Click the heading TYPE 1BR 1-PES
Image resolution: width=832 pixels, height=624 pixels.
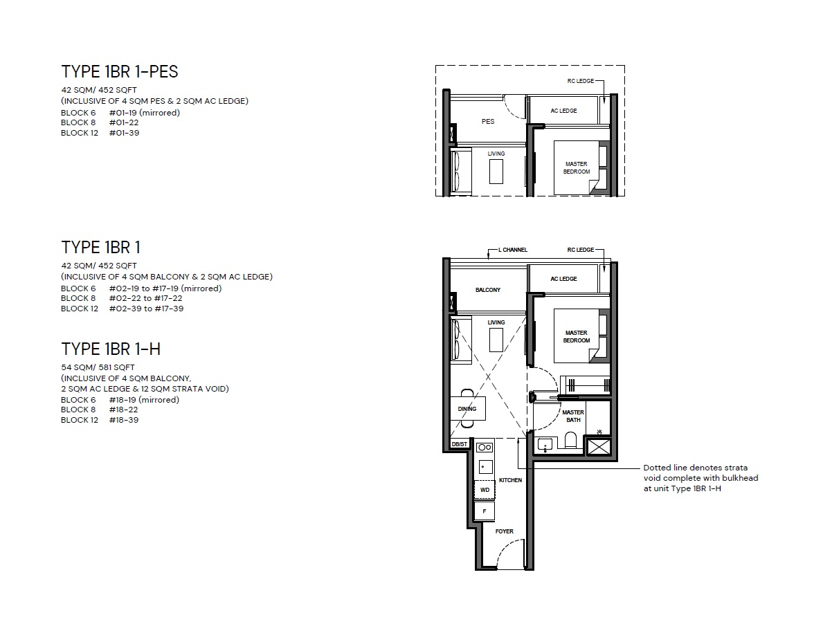[x=119, y=72]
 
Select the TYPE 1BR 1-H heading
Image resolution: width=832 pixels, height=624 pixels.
[x=111, y=349]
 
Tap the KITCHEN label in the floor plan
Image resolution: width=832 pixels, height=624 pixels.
[x=510, y=480]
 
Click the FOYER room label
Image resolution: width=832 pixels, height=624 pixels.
[x=504, y=531]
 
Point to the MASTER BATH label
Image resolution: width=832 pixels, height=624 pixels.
[x=573, y=416]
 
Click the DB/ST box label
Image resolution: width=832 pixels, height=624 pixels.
[x=460, y=444]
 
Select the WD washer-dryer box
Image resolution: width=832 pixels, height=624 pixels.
[x=485, y=490]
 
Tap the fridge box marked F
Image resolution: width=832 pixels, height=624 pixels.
[x=485, y=511]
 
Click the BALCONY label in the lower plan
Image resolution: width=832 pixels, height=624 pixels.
[x=488, y=290]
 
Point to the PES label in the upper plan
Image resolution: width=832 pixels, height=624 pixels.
[x=488, y=122]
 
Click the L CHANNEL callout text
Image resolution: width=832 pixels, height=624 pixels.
[x=512, y=250]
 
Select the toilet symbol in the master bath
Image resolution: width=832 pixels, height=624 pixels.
[x=570, y=440]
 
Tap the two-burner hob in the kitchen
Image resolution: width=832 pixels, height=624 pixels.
[x=485, y=448]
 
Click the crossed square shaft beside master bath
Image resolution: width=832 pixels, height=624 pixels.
[x=599, y=447]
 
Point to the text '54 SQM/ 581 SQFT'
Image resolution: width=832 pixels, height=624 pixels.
[x=98, y=367]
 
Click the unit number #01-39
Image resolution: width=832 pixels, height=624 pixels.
[x=125, y=133]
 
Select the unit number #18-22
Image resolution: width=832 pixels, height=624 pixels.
[x=124, y=410]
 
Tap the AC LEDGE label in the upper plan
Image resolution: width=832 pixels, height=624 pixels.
[x=563, y=111]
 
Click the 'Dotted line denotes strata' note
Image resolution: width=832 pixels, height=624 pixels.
[x=696, y=468]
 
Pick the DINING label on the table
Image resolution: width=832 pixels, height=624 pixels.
[x=467, y=409]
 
